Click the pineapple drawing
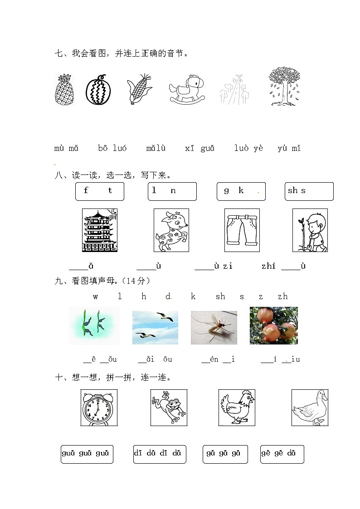[x=64, y=90]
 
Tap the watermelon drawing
[x=98, y=90]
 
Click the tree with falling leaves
[x=284, y=87]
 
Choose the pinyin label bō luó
[x=112, y=148]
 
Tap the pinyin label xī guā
[x=199, y=148]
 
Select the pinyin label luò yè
[x=248, y=148]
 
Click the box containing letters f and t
[x=99, y=191]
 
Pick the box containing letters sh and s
[x=309, y=191]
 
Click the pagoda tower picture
[x=99, y=230]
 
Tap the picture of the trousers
[x=242, y=230]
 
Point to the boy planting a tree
[x=310, y=230]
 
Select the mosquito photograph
[x=214, y=327]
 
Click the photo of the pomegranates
[x=273, y=325]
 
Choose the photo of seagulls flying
[x=155, y=327]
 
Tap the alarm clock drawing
[x=99, y=407]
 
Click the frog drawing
[x=169, y=407]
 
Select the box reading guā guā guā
[x=87, y=454]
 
